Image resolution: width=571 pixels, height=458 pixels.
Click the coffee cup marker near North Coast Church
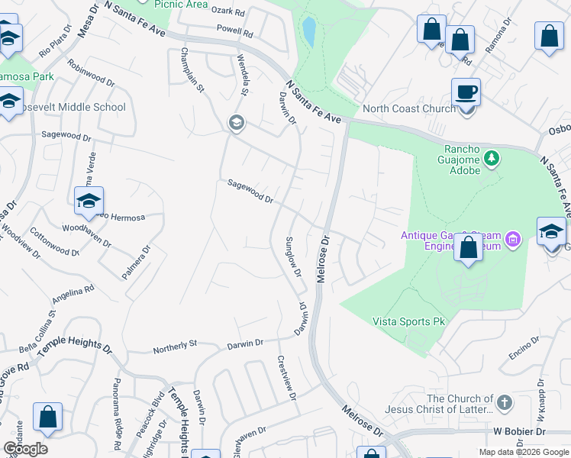coord(466,92)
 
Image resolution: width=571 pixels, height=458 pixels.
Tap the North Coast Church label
coord(408,108)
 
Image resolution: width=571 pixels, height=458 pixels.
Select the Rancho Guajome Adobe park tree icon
coord(492,158)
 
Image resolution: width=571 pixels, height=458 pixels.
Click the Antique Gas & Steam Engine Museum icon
coord(514,240)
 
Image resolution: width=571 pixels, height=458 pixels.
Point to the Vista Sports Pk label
coord(408,322)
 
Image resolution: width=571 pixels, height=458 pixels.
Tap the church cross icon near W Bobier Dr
coord(504,402)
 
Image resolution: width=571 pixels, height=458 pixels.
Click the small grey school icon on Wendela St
coord(236,122)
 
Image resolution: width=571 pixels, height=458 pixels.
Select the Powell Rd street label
coord(234,34)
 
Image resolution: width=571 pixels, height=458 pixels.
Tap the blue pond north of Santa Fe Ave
coord(309,31)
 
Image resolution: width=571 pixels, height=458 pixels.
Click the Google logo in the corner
coord(25,449)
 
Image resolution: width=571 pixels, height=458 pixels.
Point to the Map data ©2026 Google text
coord(524,452)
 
